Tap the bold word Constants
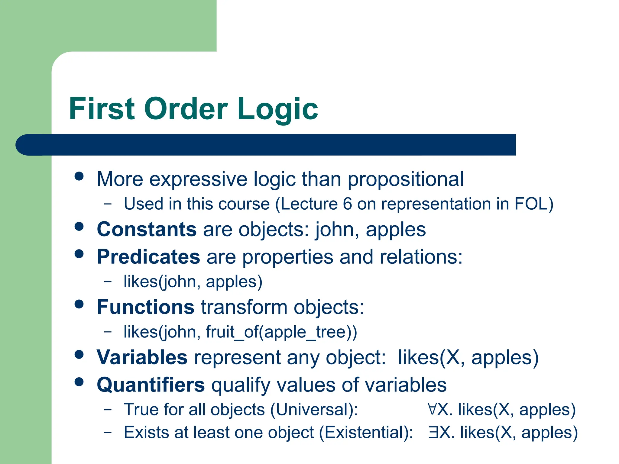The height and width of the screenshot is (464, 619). coord(147,229)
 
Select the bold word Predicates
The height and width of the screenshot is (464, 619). coord(148,257)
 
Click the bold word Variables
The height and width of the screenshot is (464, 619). coord(142,357)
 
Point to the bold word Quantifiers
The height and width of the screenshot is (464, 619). coord(151,385)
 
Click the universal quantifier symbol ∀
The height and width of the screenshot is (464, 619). coord(432,409)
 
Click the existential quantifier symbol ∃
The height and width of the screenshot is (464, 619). coord(433,432)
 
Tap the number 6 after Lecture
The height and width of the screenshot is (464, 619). coord(347,204)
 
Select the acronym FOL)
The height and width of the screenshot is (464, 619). coord(534,204)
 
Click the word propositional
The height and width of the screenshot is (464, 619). coord(406,179)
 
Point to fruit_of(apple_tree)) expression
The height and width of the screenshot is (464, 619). coord(281,332)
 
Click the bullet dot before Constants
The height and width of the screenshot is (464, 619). coord(79,227)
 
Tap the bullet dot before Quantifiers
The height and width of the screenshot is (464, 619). coord(79,382)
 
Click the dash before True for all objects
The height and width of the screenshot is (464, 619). coord(108,410)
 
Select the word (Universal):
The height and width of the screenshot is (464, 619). coord(314,410)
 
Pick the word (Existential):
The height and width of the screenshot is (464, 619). coord(366,432)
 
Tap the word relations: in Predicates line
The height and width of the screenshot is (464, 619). coord(421,257)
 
